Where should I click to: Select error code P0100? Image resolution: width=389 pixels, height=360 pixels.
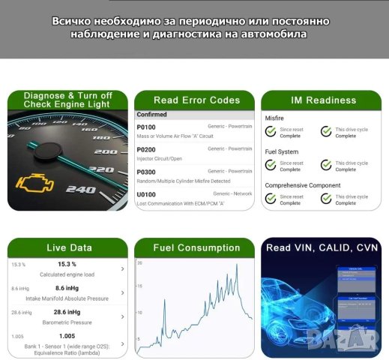coord(146,127)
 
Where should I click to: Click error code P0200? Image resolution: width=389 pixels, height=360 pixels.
coord(146,150)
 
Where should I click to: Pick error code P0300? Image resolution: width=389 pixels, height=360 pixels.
coord(146,172)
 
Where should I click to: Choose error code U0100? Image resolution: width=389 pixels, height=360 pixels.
coord(146,195)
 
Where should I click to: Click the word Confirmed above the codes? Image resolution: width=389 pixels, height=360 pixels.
coord(152,115)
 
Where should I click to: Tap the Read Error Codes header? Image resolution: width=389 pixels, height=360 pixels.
coord(196,100)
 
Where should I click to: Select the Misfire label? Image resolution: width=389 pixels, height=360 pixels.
coord(275,118)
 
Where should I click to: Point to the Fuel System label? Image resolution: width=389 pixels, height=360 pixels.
coord(282,151)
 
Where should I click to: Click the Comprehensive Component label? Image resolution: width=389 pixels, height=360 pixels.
coord(303,185)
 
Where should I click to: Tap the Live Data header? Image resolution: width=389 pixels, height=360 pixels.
coord(67,247)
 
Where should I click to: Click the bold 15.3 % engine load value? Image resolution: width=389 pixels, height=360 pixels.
coord(67,265)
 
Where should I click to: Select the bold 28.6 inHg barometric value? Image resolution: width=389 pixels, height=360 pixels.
coord(67,312)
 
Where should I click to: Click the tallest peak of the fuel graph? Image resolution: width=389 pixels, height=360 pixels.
coord(237,265)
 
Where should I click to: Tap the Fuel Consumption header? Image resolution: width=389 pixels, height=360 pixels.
coord(197,247)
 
